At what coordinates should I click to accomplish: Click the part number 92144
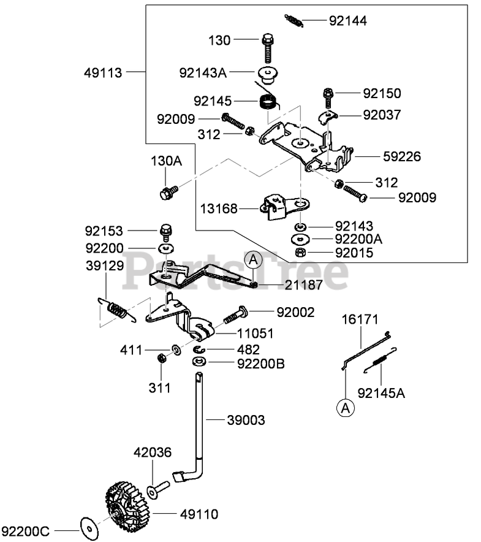coord(347,21)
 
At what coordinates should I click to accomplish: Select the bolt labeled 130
coord(267,48)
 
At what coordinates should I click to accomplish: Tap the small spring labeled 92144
coord(294,20)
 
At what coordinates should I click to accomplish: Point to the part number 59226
coord(402,156)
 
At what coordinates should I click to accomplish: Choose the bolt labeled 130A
coord(169,192)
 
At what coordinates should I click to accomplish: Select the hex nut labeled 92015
coord(300,253)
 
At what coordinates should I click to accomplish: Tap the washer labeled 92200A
coord(300,239)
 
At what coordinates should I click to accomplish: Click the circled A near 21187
coord(253,259)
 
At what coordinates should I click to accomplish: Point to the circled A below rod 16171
coord(345,408)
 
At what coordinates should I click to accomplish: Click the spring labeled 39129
coord(116,310)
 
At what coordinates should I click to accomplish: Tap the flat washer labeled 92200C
coord(89,529)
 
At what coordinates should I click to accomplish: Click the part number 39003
coord(246,420)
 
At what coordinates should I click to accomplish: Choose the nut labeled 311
coord(161,358)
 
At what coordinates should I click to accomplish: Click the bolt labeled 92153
coord(166,232)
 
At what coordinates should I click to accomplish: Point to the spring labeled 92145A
coord(380,360)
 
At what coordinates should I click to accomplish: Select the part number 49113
coord(103,73)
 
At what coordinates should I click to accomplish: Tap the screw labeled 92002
coord(236,315)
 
